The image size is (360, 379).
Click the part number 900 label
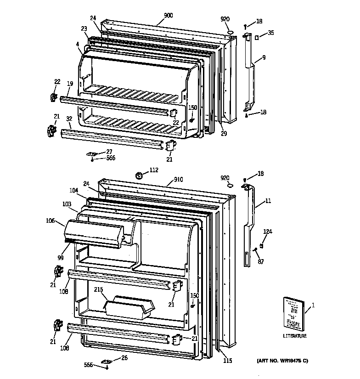pos(168,16)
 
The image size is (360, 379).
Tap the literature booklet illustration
pos(292,314)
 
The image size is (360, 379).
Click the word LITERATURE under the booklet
pos(294,336)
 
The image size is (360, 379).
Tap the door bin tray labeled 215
pos(130,307)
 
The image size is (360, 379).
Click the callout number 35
pos(271,33)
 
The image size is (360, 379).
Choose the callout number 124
pos(267,232)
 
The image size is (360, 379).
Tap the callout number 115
pos(227,361)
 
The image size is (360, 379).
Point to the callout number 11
pos(268,201)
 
